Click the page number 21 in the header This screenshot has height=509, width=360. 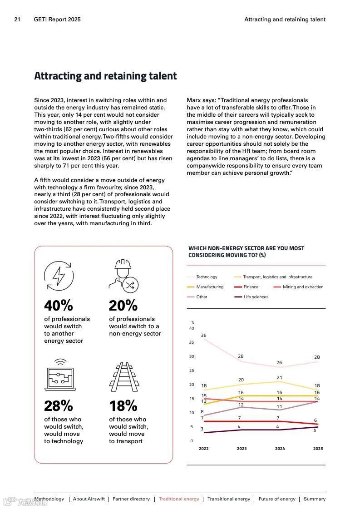[x=17, y=20]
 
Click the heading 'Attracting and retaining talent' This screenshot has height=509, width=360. [x=105, y=76]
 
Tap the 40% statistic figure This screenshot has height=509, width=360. [x=58, y=306]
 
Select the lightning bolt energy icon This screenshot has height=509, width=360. [x=59, y=276]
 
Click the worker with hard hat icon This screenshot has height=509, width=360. [x=123, y=276]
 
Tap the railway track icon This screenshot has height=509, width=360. [x=123, y=376]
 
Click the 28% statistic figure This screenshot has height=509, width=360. [x=58, y=405]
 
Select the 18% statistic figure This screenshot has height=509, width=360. [x=123, y=405]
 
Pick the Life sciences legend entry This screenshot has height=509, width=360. [x=256, y=297]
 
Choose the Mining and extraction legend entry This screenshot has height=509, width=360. [x=303, y=287]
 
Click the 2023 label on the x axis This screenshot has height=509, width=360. [x=242, y=449]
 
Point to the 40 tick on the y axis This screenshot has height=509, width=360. [x=192, y=328]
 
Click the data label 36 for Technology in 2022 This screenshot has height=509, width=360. [x=203, y=336]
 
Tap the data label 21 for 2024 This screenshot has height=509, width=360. [x=280, y=378]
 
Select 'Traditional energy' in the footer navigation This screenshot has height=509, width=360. [x=179, y=499]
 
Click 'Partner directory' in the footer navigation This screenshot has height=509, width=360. [x=131, y=499]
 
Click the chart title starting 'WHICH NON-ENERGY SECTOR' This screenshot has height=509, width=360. [x=246, y=252]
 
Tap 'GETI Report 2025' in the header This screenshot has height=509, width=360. [x=57, y=20]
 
